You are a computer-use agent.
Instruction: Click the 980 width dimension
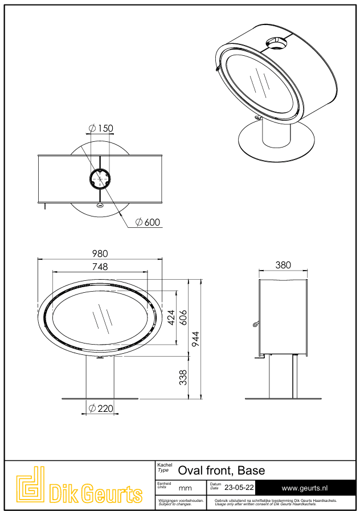click(x=100, y=254)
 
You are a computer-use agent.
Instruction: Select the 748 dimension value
click(x=100, y=267)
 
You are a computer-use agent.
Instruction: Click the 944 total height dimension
click(x=195, y=339)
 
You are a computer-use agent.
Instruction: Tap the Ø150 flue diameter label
click(x=101, y=128)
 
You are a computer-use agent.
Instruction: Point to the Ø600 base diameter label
click(x=148, y=222)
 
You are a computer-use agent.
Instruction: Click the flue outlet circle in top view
click(x=100, y=178)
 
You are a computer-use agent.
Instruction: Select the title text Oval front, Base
click(x=221, y=471)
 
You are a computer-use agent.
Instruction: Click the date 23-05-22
click(x=239, y=488)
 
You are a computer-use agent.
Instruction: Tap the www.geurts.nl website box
click(x=305, y=488)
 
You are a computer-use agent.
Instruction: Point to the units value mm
click(x=185, y=488)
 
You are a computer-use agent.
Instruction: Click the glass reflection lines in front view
click(x=101, y=321)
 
